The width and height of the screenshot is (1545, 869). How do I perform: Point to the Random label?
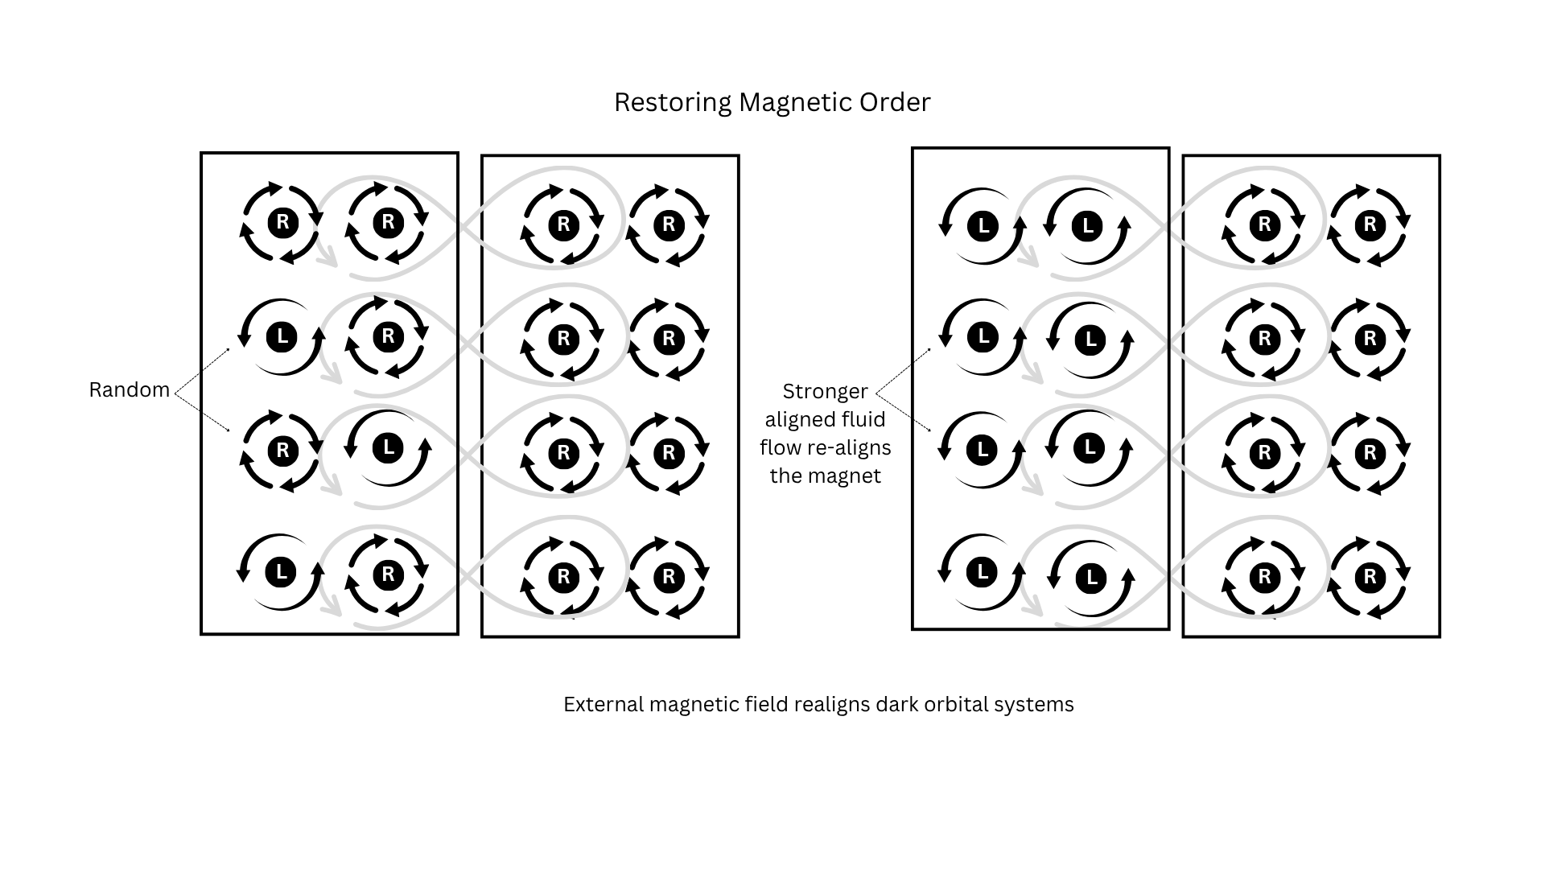[x=129, y=389]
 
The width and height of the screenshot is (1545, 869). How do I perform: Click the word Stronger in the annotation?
[x=825, y=391]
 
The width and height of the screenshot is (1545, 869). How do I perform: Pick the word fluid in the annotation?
[x=863, y=419]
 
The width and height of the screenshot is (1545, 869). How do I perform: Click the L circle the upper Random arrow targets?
[x=282, y=336]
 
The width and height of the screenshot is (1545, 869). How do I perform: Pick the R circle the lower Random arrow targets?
[x=282, y=451]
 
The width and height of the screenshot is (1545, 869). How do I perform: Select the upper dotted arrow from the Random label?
[x=202, y=370]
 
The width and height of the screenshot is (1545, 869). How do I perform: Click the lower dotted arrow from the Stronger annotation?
[x=903, y=412]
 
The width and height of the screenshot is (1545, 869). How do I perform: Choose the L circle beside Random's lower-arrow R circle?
[x=388, y=447]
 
